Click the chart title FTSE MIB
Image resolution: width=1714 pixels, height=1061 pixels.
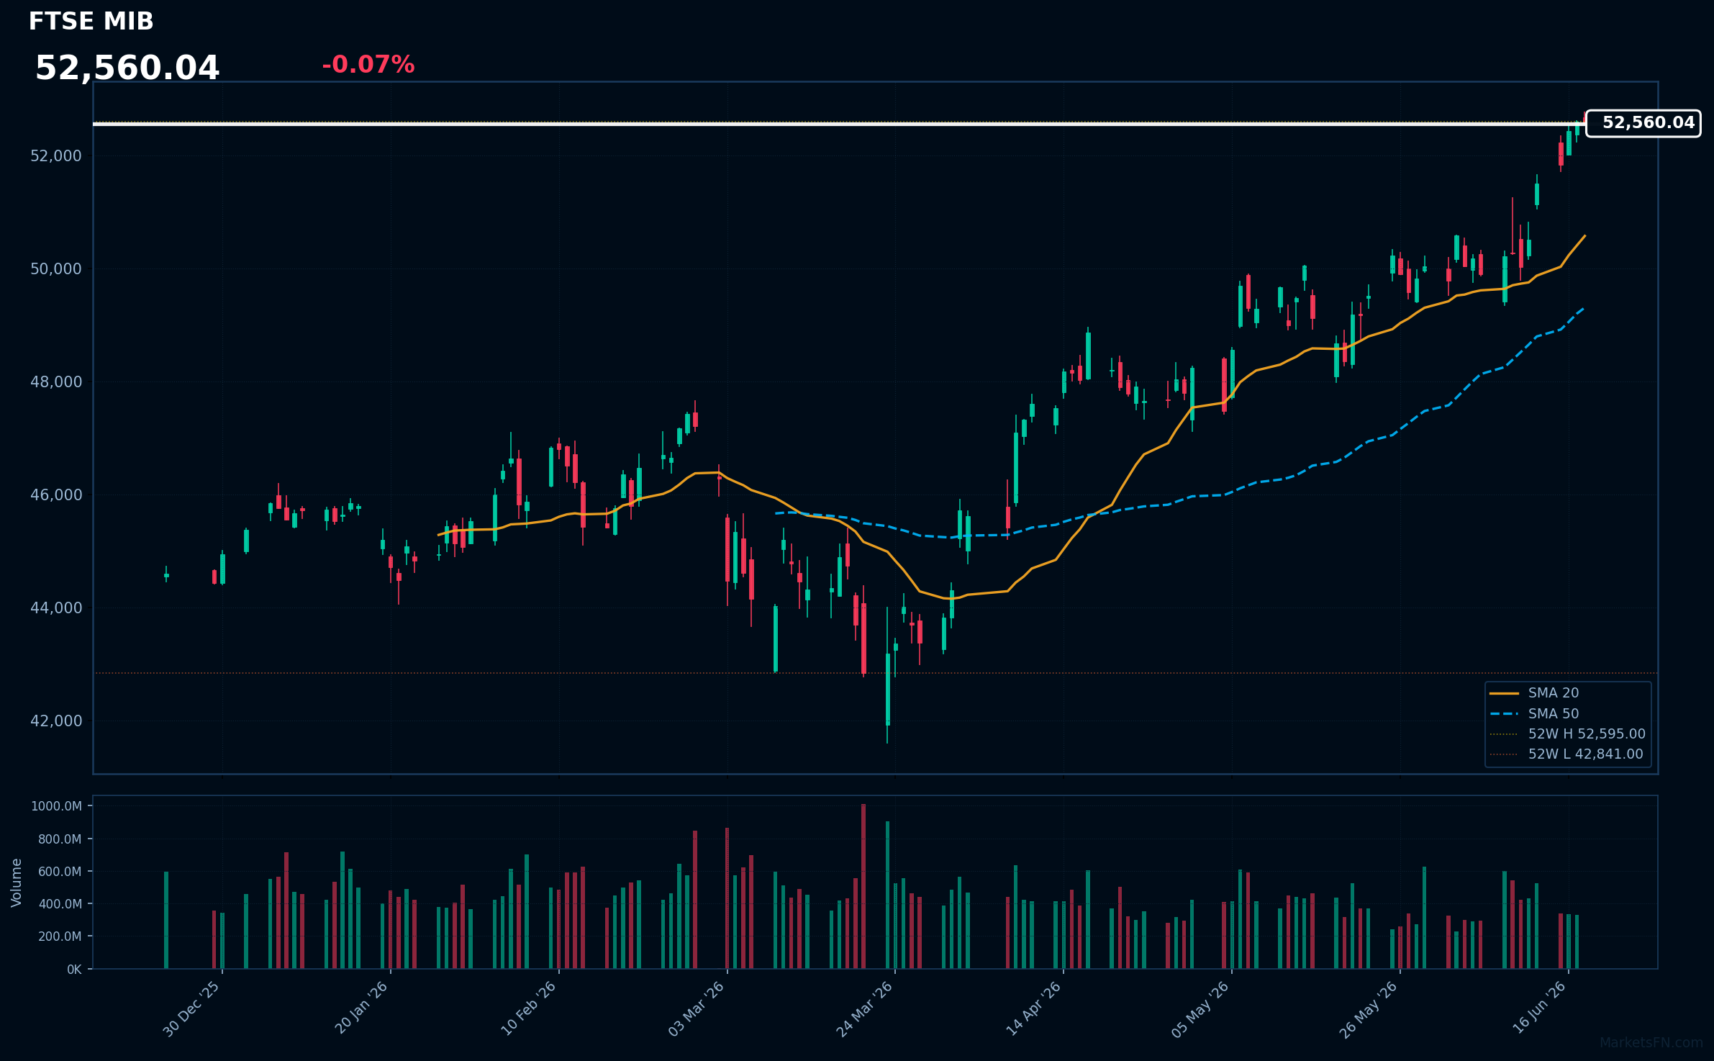click(x=91, y=22)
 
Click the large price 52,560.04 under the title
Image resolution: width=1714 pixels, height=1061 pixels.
click(x=127, y=68)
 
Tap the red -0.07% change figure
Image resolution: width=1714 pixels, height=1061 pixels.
click(x=368, y=65)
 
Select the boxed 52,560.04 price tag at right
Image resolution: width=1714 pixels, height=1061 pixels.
click(x=1643, y=123)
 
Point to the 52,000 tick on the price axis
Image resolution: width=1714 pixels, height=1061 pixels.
click(x=56, y=156)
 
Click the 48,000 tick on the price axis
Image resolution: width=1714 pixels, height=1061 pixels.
click(x=56, y=382)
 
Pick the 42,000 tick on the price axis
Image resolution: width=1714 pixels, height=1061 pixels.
click(x=56, y=721)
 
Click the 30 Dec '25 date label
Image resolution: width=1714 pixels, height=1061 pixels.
click(x=191, y=1009)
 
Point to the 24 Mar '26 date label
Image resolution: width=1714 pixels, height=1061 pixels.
click(x=864, y=1009)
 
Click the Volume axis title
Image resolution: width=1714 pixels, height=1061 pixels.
click(x=17, y=882)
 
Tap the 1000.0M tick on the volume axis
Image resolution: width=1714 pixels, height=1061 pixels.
click(x=57, y=806)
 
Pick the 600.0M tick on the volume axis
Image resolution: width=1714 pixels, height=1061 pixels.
click(x=60, y=872)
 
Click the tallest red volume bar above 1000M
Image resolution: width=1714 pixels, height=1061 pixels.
click(x=863, y=886)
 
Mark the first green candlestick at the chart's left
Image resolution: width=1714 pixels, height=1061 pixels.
click(x=166, y=575)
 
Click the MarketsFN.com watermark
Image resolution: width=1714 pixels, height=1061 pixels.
click(x=1651, y=1043)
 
